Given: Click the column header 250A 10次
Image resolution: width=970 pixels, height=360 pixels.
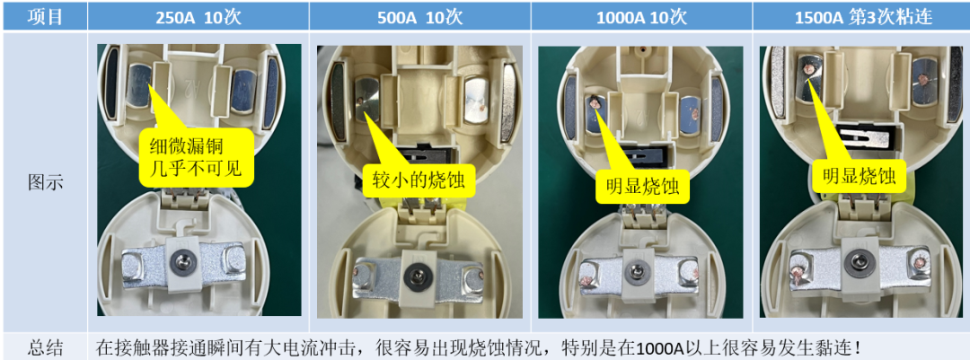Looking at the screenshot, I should (198, 16).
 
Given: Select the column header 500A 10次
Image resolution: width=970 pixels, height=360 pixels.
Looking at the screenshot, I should (419, 16).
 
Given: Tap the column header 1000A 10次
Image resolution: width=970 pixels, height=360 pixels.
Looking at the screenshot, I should (641, 16).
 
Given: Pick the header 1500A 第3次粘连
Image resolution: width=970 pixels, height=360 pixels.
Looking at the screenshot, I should (860, 16).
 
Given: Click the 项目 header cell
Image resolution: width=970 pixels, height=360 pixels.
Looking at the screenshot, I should (45, 16).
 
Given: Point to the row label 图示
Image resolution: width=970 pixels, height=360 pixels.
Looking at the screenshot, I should (45, 181).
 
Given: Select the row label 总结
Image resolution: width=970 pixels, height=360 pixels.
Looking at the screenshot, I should (45, 347).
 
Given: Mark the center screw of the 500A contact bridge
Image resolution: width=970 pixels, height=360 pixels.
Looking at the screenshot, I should (417, 275).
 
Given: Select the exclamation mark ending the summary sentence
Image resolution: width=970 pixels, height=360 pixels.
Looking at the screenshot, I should (860, 347).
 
